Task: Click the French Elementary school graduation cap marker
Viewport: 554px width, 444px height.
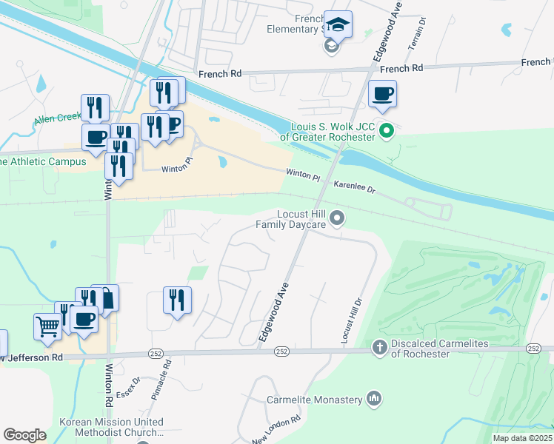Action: (338, 26)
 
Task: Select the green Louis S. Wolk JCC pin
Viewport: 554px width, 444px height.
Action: (386, 132)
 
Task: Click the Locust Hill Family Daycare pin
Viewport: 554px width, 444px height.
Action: (338, 218)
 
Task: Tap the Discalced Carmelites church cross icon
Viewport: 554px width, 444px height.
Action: (379, 348)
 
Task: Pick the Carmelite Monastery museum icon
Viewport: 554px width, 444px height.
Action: (374, 400)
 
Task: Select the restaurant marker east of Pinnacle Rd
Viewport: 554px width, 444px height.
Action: (177, 300)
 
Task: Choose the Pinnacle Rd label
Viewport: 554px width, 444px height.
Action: (161, 380)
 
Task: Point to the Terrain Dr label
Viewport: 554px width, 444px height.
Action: (415, 33)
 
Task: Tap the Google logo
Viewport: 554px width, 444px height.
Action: (24, 435)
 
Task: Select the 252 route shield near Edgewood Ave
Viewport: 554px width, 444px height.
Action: (281, 351)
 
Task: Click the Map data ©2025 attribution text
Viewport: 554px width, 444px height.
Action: (521, 438)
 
